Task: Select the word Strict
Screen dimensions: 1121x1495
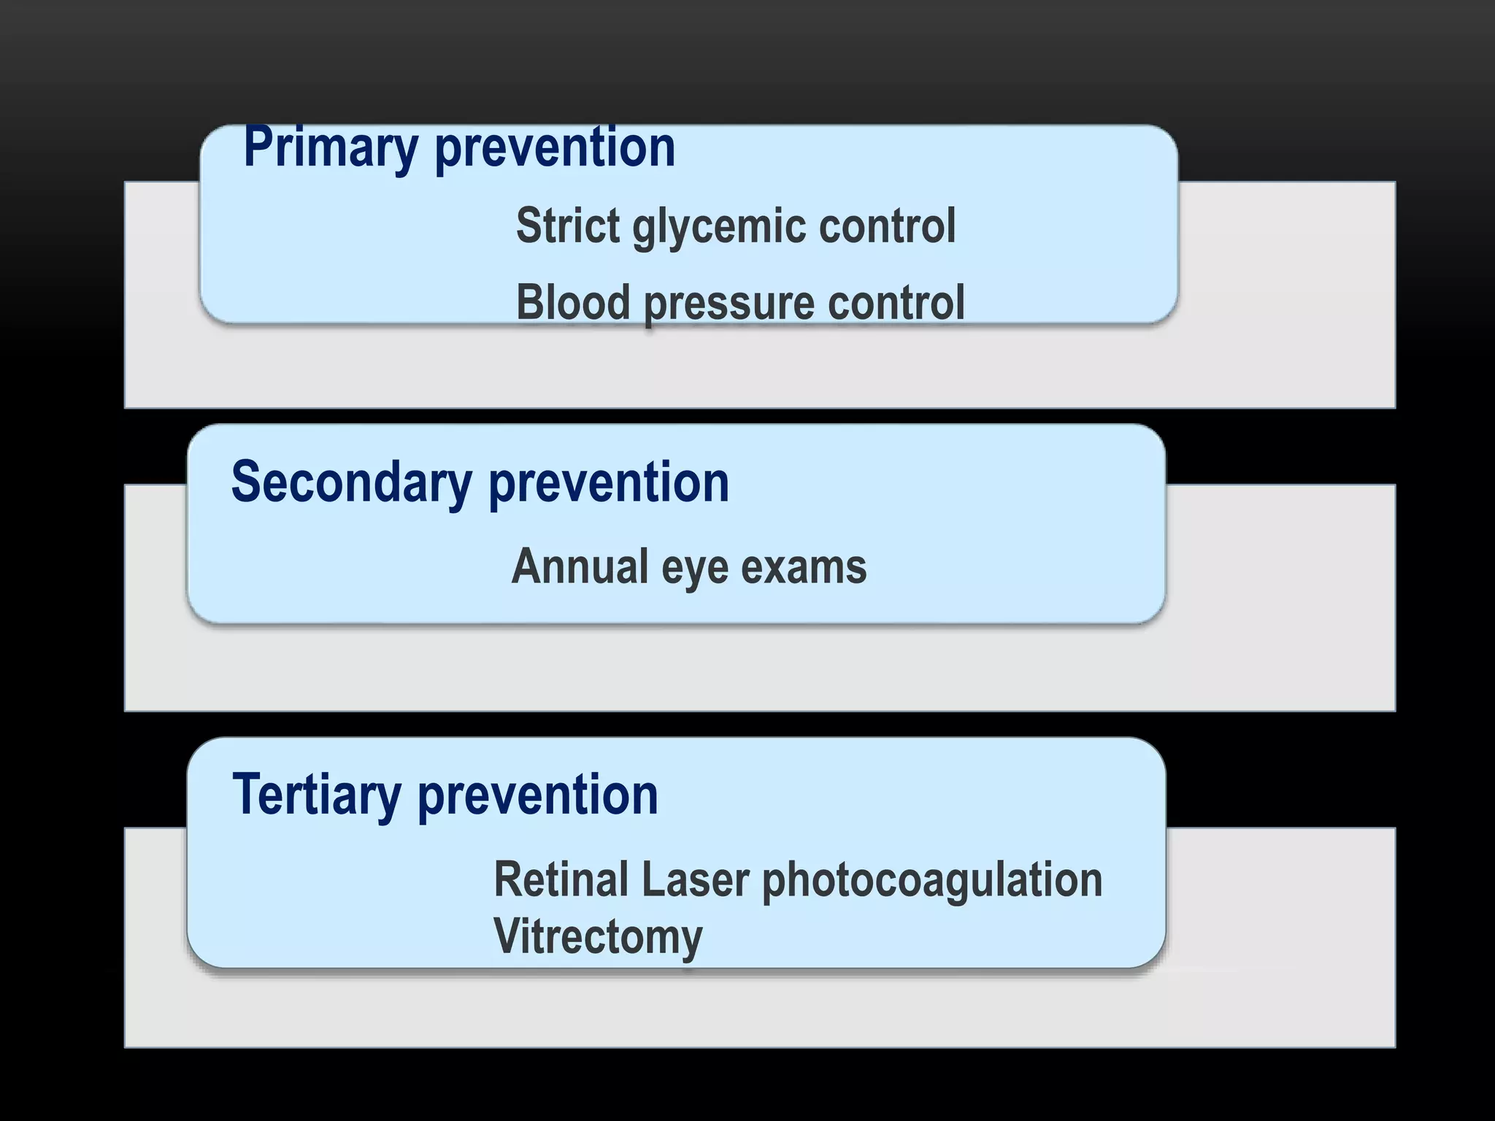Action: pos(568,226)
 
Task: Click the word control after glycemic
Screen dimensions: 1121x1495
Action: pos(887,226)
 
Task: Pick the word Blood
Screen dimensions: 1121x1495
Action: pos(573,302)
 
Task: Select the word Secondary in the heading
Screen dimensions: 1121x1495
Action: pos(351,483)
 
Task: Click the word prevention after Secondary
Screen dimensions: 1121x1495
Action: pos(609,483)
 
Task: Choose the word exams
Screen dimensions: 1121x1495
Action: pos(804,566)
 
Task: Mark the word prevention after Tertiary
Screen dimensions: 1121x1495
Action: pos(538,796)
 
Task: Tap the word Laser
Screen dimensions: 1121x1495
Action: pos(695,879)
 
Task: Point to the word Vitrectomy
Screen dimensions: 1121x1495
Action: pos(598,937)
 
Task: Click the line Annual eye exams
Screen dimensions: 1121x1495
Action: pos(689,567)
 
